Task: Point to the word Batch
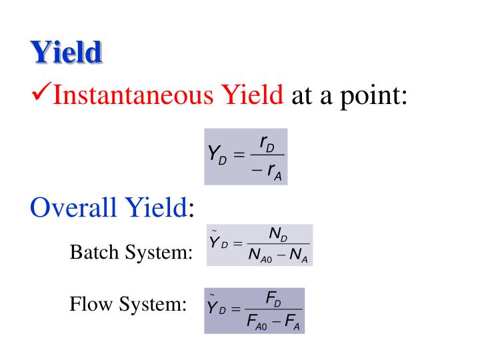pyautogui.click(x=92, y=253)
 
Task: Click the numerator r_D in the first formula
pyautogui.click(x=267, y=143)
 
